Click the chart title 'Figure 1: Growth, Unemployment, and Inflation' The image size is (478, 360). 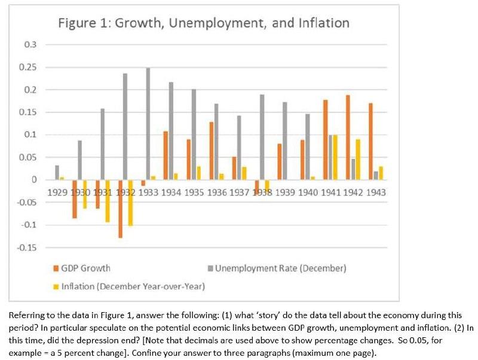(x=204, y=23)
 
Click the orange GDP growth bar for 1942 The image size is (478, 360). (x=347, y=138)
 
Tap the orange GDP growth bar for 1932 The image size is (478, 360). (x=119, y=209)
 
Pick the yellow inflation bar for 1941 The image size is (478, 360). (x=335, y=157)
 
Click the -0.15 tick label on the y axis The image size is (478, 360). (x=27, y=248)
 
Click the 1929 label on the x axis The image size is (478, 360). (x=57, y=193)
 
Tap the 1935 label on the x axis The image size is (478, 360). (x=193, y=193)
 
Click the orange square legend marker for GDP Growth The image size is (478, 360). (x=56, y=268)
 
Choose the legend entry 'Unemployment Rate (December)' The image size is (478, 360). (x=280, y=268)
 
